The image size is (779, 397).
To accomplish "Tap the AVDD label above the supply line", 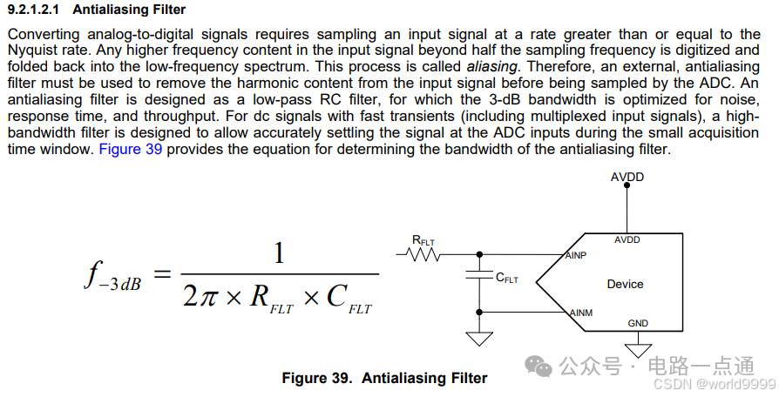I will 627,177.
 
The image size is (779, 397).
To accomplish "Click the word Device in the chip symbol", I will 625,284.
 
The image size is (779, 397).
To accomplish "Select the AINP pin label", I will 574,255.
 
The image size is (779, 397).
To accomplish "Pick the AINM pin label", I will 581,313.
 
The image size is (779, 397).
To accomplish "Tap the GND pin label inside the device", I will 638,323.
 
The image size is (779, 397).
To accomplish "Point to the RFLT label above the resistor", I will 423,239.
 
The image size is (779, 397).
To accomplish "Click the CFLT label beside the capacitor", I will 506,279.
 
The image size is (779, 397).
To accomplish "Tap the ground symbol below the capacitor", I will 478,338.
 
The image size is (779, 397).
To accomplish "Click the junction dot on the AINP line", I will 478,255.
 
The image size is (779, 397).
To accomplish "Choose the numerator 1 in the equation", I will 279,253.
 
